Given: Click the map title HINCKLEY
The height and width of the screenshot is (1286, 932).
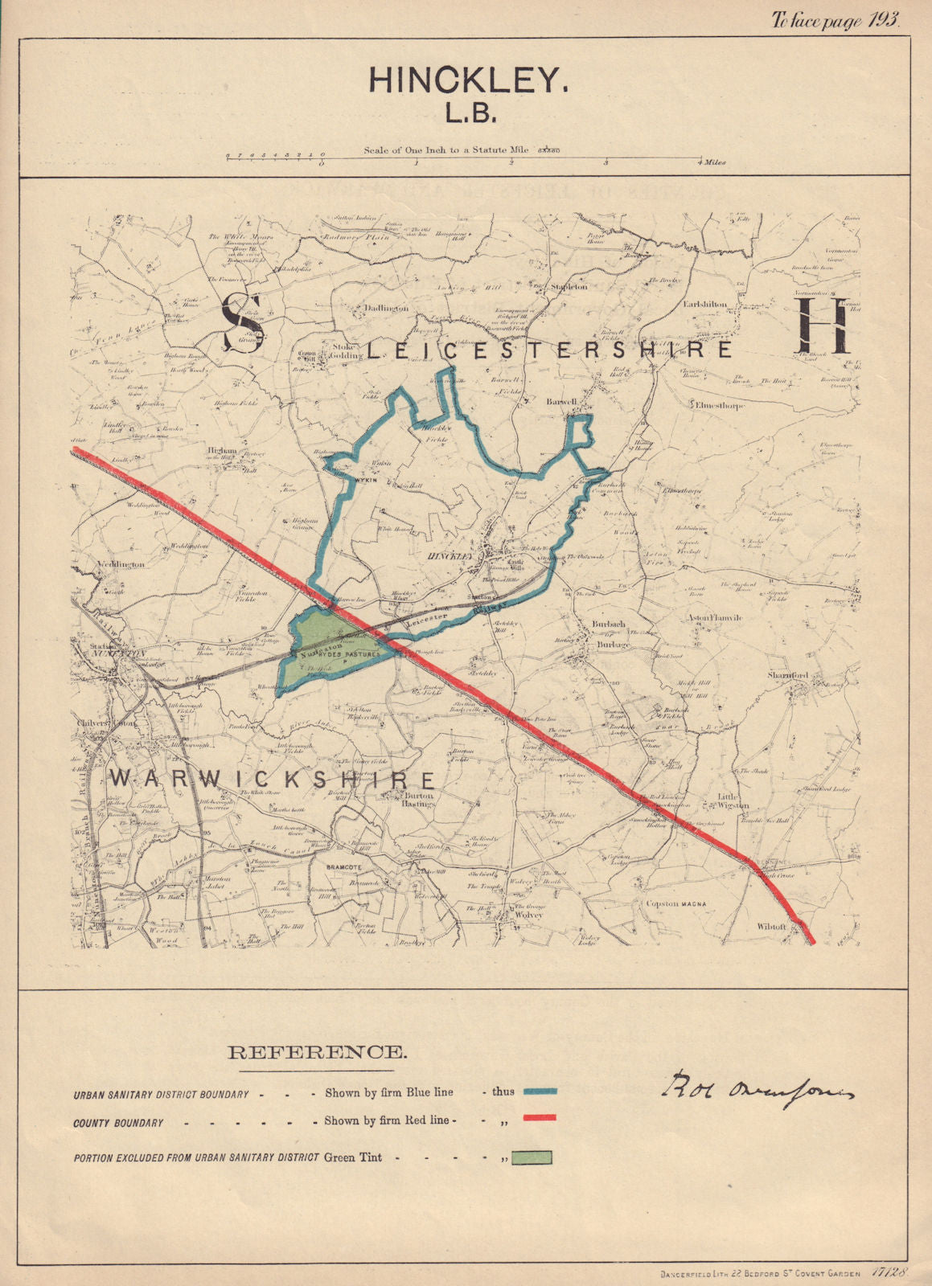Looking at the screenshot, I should coord(468,80).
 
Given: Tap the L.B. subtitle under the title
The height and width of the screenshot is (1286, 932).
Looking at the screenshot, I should coord(471,113).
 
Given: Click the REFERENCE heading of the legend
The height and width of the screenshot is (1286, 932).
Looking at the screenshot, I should coord(317,1052).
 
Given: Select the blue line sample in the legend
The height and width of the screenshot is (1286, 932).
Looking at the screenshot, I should coord(540,1091).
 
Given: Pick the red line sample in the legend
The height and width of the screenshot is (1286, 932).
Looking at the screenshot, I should coord(540,1117).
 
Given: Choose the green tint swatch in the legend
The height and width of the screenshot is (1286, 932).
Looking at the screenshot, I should coord(528,1157).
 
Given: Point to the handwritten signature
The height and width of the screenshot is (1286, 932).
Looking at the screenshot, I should coord(757,1088).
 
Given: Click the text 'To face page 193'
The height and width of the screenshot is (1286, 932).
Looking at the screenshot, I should coord(836,22).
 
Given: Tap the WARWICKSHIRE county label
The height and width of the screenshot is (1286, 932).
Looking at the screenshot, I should coord(273,779).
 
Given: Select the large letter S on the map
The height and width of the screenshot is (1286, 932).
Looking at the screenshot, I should coord(241,322).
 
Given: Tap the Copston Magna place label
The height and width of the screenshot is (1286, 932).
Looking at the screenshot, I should coord(675,904).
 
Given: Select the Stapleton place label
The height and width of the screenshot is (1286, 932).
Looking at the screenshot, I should coord(568,286).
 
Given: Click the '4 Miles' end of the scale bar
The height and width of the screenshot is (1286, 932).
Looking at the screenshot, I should coord(712,162).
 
